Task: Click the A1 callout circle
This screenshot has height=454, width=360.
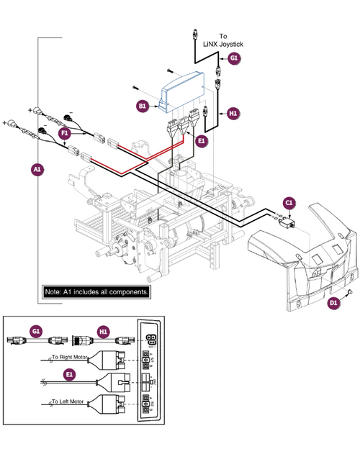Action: (x=37, y=170)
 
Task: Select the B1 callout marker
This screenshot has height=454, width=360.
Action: (x=143, y=106)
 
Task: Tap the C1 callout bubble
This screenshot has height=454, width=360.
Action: (x=289, y=204)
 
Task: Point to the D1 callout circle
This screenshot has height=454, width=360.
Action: (x=333, y=304)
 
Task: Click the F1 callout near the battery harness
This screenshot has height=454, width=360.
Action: (x=65, y=133)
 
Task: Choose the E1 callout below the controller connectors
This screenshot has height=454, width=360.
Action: (x=202, y=141)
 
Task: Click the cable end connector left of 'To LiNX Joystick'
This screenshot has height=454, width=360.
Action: (x=195, y=32)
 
